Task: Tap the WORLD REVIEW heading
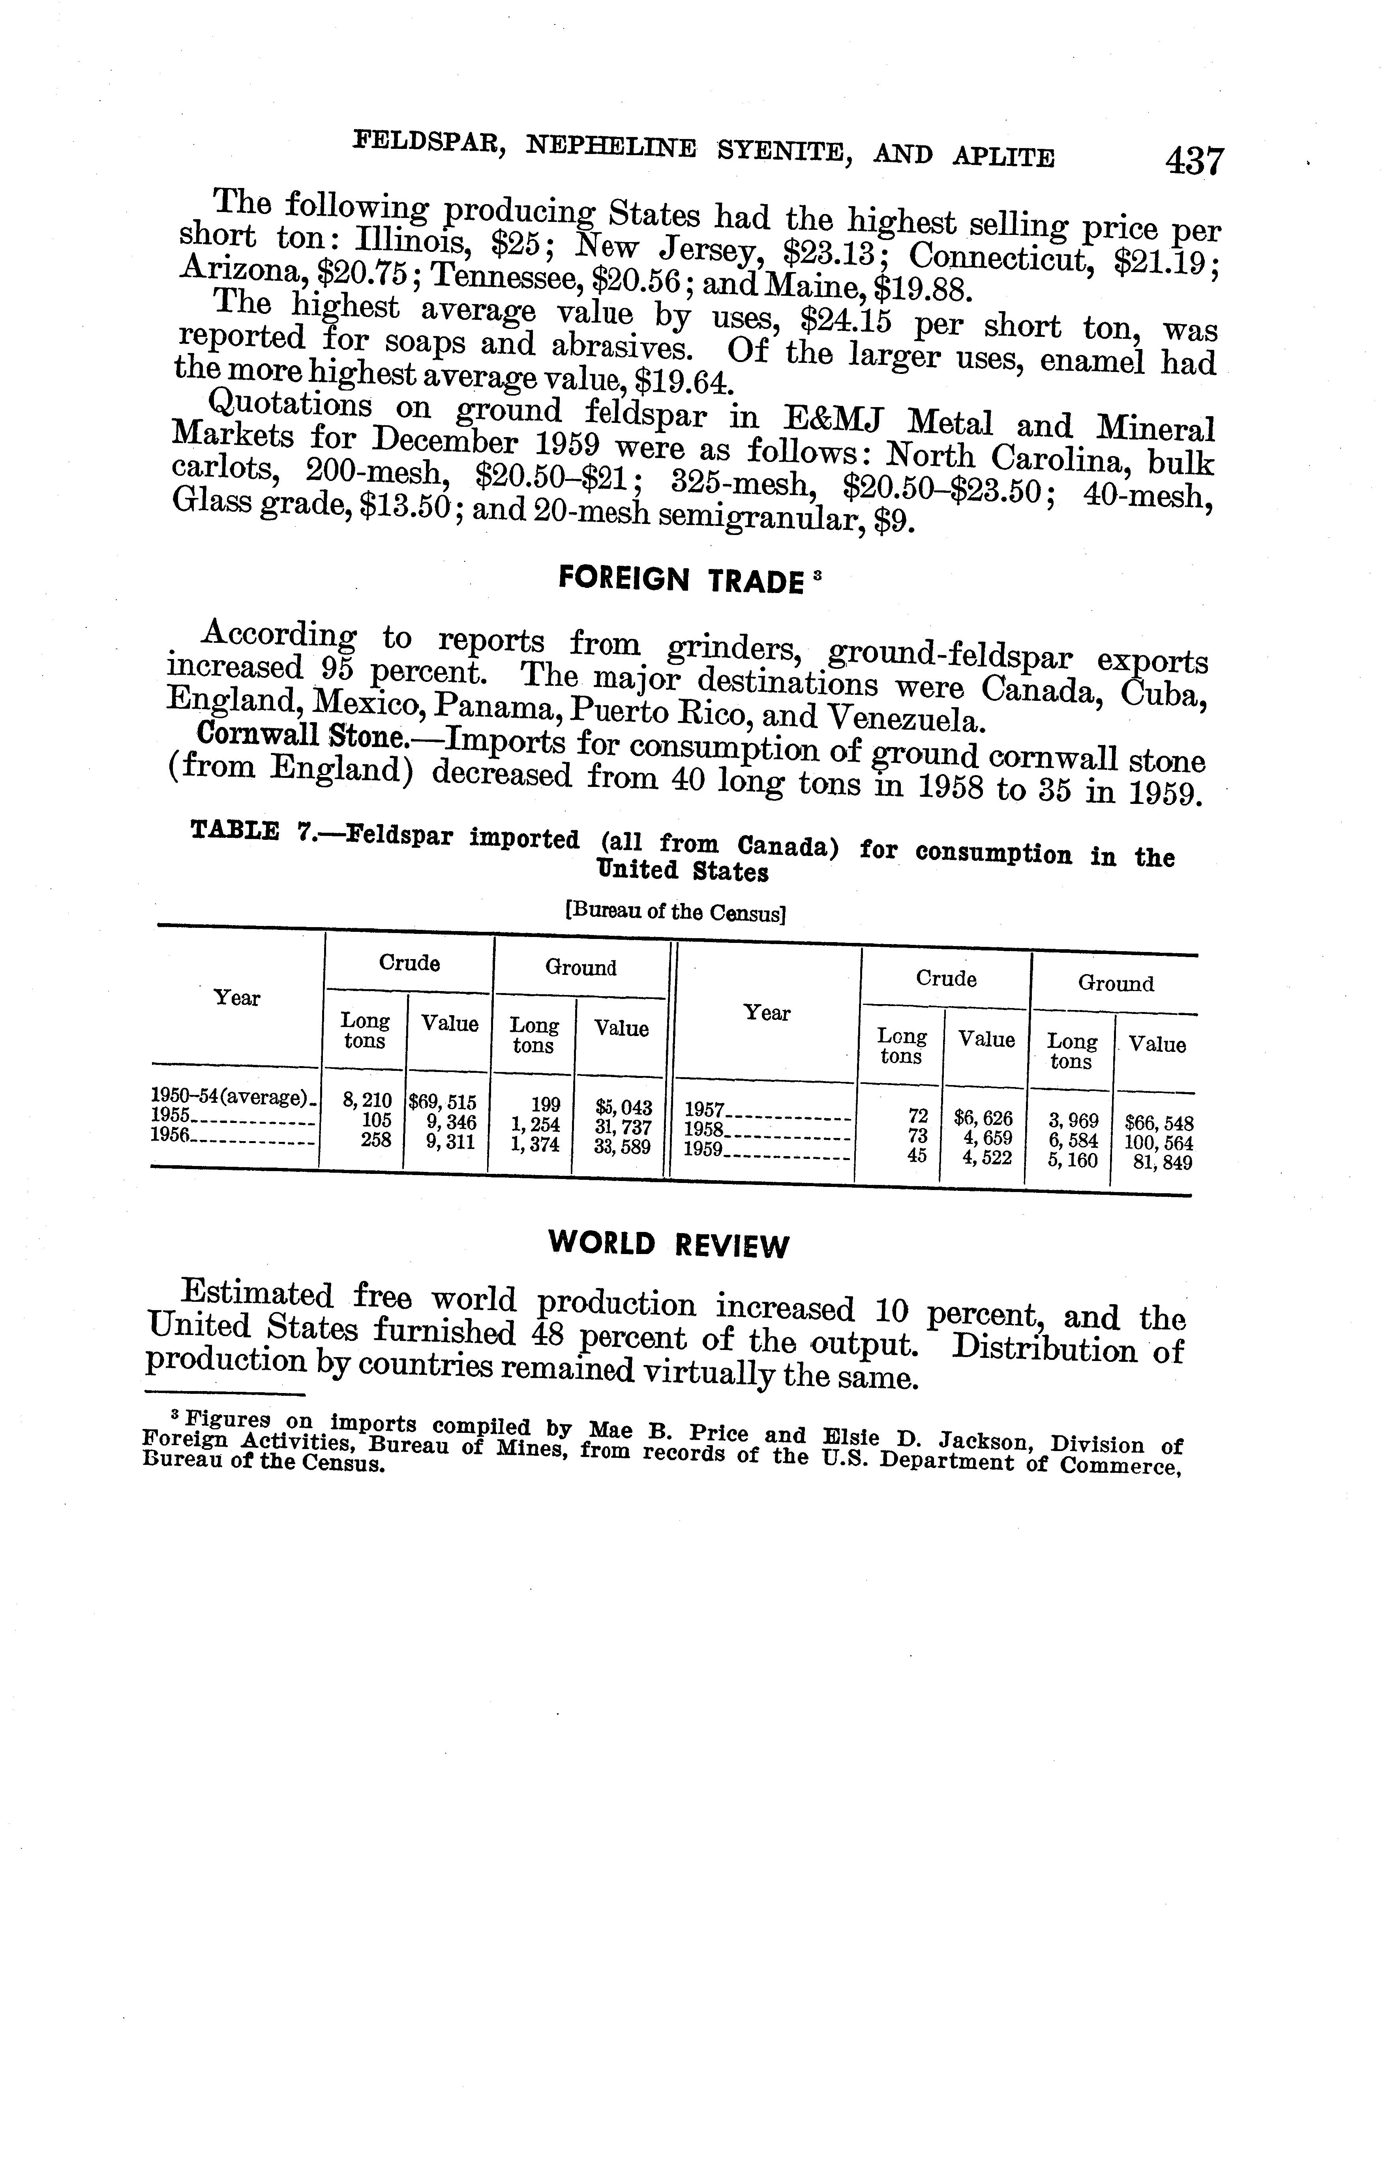[x=669, y=1245]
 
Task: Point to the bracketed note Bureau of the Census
[x=676, y=912]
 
